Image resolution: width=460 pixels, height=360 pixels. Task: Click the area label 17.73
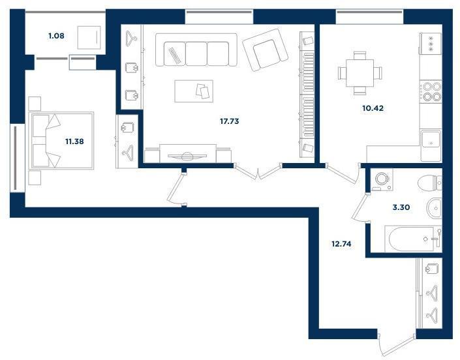pos(230,121)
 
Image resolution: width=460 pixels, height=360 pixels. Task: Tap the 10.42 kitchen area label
pos(373,108)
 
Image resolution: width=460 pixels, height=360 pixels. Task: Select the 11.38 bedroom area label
pos(74,142)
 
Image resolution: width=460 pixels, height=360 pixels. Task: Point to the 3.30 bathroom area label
pos(401,207)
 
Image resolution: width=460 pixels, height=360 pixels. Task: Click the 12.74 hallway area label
pos(341,244)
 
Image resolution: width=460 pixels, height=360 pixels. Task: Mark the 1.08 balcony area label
pos(56,36)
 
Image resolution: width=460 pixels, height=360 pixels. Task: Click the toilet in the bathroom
pos(429,183)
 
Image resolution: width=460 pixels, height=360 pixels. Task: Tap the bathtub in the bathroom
pos(413,239)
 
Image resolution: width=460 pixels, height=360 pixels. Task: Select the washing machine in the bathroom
pos(382,179)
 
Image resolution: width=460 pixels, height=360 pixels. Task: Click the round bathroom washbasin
pos(434,208)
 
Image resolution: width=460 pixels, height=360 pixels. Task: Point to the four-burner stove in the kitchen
pos(431,91)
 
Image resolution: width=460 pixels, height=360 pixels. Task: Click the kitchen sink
pos(431,140)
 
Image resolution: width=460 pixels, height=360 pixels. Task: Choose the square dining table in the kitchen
pos(360,73)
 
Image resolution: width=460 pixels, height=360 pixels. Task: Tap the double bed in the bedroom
pos(61,141)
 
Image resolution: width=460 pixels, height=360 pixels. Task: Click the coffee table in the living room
pos(194,91)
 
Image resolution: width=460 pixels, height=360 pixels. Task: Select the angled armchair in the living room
pos(265,50)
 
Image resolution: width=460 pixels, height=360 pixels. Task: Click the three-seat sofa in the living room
pos(196,50)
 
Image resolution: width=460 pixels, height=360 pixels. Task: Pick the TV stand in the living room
pos(188,154)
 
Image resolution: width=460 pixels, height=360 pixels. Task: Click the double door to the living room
pos(258,172)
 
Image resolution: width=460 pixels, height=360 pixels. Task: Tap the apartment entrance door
pos(397,344)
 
